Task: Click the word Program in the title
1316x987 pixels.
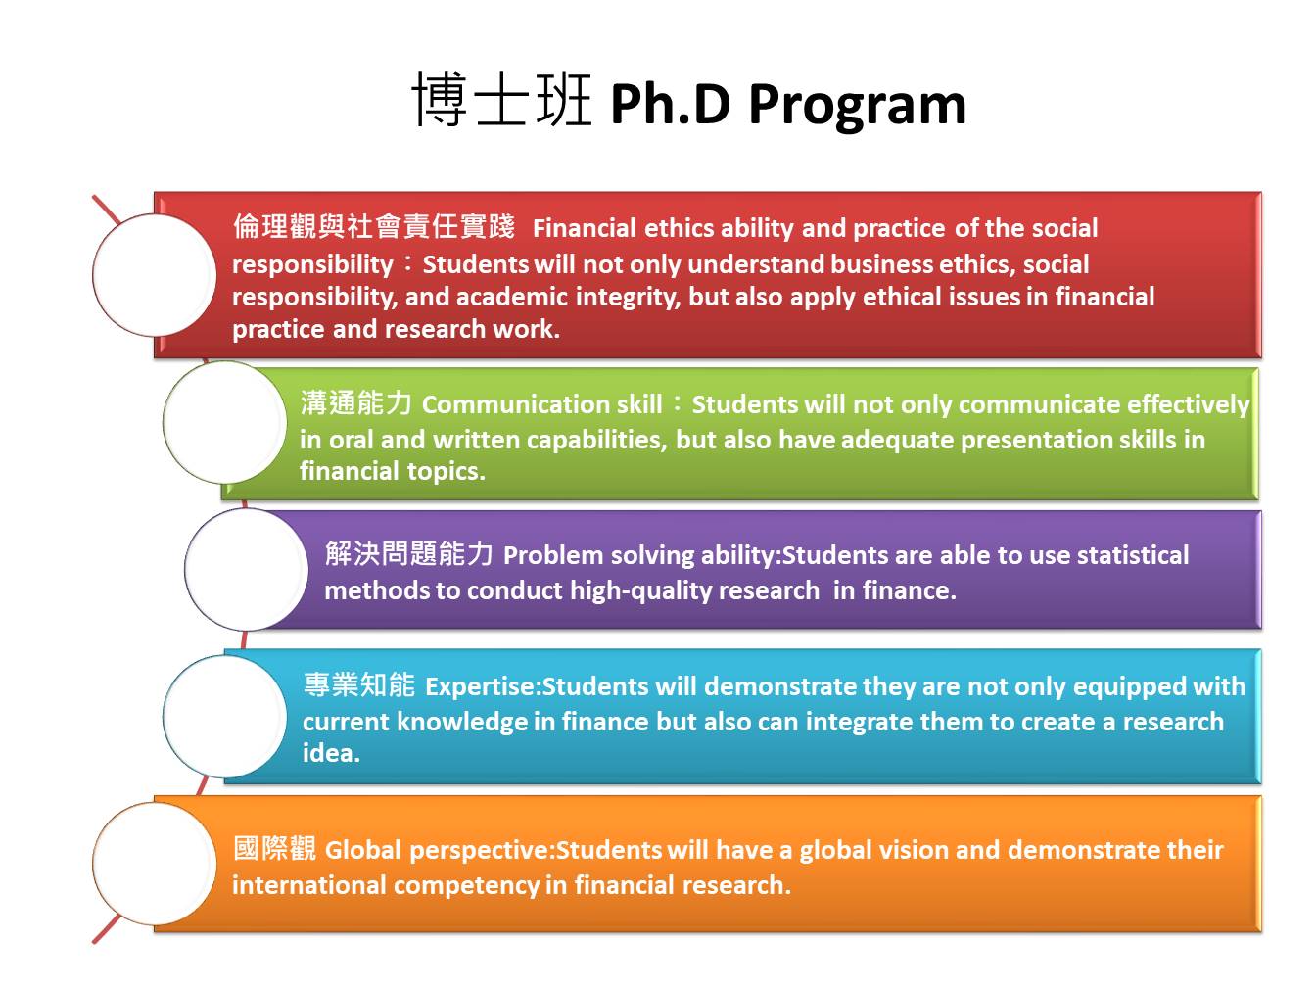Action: point(857,107)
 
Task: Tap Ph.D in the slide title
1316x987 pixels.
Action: point(671,104)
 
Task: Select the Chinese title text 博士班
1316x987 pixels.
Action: point(501,100)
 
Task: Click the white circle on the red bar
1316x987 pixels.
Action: point(154,275)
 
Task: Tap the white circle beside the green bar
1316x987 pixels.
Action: point(225,422)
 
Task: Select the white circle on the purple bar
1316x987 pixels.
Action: point(247,569)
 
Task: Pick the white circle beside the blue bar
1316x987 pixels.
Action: point(225,716)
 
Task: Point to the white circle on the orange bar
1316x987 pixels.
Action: point(154,864)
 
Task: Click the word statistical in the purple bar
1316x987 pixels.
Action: point(1133,555)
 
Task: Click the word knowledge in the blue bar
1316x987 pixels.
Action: point(460,723)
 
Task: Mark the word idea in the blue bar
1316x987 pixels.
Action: point(329,753)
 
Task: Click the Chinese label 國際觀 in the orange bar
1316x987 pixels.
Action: point(274,849)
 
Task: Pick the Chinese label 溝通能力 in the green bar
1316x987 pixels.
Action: point(356,402)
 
